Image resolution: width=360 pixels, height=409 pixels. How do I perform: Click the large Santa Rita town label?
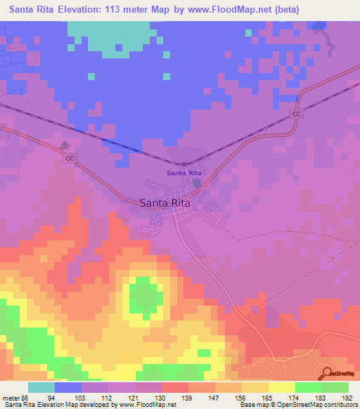coord(164,202)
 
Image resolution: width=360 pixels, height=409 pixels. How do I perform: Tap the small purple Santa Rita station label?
coord(184,173)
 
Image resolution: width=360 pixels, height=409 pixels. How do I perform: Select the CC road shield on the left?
coord(70,159)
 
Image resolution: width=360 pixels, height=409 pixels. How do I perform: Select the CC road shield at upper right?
coord(297,113)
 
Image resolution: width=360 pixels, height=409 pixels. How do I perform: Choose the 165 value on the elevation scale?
coord(267,397)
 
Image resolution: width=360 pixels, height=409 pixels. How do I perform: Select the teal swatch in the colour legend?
coord(41,387)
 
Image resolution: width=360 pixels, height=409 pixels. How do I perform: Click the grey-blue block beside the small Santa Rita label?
coord(197,183)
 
